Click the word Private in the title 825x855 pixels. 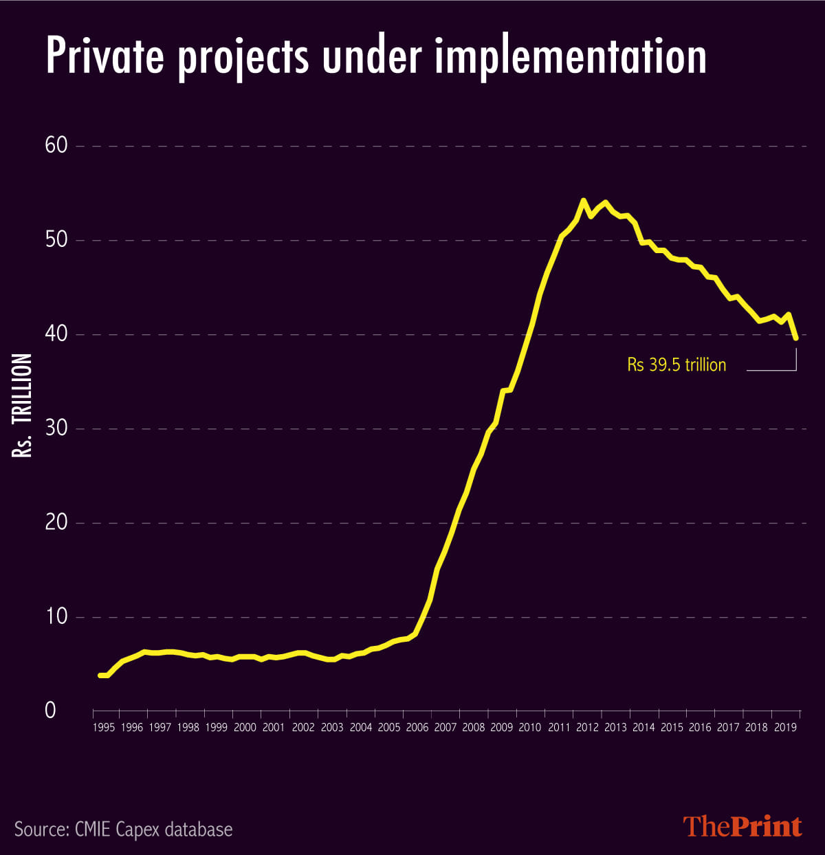tap(104, 56)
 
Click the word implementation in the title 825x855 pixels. tap(570, 58)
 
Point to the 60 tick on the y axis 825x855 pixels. tap(56, 146)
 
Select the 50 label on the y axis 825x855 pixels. tap(56, 240)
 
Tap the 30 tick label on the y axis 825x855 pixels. tap(56, 429)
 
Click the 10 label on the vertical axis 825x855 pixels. tap(56, 616)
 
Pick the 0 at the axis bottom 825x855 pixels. tap(50, 711)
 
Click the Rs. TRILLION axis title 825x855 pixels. tap(22, 405)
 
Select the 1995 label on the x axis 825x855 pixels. tap(103, 728)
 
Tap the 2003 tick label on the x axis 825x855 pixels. tap(332, 728)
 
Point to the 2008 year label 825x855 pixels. tap(474, 728)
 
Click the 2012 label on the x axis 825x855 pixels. tap(587, 728)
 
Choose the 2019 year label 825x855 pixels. tap(784, 728)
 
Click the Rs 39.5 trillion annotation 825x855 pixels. tap(676, 365)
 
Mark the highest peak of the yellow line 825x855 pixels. tap(583, 201)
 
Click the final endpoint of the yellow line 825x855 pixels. tap(795, 338)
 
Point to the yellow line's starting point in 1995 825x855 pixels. tap(100, 675)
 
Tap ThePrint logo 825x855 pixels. tap(742, 826)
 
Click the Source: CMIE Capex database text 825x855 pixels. tap(124, 829)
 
